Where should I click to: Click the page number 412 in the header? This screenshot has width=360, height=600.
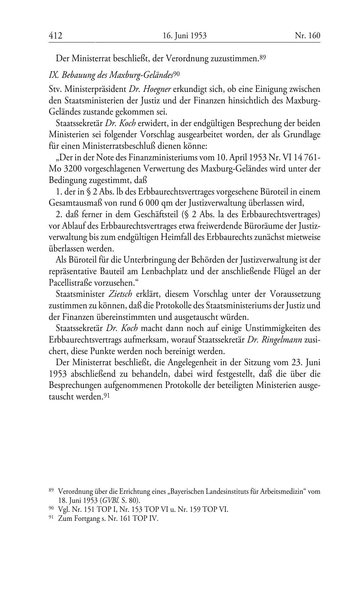coord(55,36)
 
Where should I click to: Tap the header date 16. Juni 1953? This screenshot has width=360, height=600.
coord(184,36)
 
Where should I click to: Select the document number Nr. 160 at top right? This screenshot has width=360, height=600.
coord(307,36)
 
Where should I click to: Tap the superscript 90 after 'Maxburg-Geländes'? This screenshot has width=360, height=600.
coord(176,73)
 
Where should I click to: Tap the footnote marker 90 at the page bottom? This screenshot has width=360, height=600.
coord(51,508)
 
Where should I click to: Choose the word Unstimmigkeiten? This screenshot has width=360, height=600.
coord(278,328)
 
